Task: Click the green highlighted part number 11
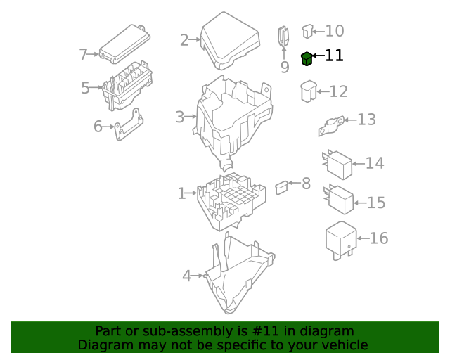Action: (307, 59)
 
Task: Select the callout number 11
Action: (335, 56)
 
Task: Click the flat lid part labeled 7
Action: (124, 44)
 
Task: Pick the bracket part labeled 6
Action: (130, 125)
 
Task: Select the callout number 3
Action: (180, 116)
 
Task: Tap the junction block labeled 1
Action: (231, 199)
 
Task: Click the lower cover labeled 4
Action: (239, 278)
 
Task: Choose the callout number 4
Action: (186, 276)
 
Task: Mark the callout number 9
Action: (285, 67)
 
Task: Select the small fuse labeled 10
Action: (307, 30)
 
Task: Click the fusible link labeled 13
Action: (331, 125)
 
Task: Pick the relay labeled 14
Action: (338, 165)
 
